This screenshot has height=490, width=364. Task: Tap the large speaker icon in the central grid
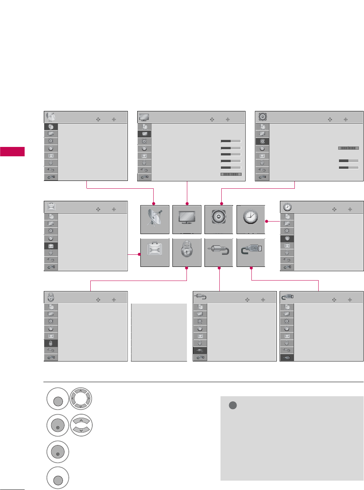tap(219, 219)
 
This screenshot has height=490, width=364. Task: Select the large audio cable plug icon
tap(219, 252)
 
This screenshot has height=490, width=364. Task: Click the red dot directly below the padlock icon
tap(187, 268)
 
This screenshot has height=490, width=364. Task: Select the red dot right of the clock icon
tap(267, 222)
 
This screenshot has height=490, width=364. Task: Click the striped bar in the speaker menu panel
tap(348, 148)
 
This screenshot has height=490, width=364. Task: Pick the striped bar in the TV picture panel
tap(231, 174)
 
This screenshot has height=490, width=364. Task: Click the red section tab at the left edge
tap(12, 152)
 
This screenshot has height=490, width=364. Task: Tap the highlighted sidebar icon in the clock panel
tap(287, 238)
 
